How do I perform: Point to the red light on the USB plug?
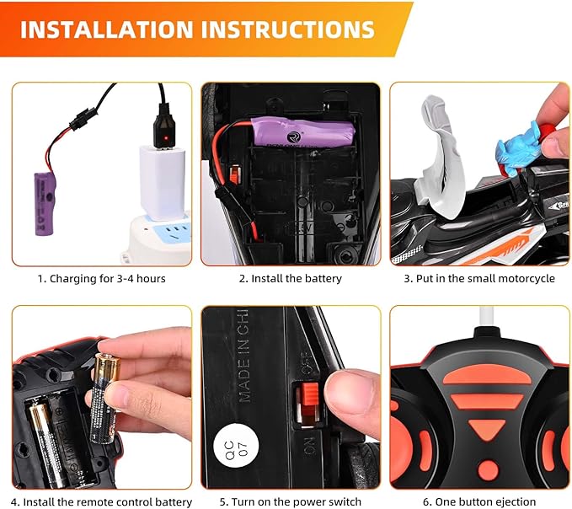(x=167, y=137)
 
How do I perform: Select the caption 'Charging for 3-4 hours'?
(x=101, y=278)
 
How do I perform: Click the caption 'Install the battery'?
(x=290, y=278)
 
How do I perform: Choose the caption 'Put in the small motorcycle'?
(x=478, y=278)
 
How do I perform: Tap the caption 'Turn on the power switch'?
(x=290, y=501)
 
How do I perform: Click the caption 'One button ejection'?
(x=478, y=501)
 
